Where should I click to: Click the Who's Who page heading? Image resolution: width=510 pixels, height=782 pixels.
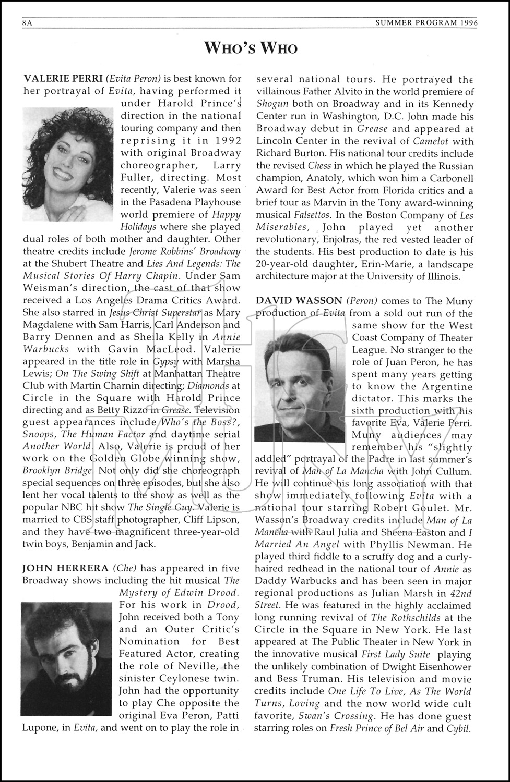click(x=255, y=48)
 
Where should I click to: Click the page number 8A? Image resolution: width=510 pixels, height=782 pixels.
click(x=27, y=23)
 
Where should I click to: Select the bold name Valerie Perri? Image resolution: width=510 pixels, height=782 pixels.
click(x=63, y=79)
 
